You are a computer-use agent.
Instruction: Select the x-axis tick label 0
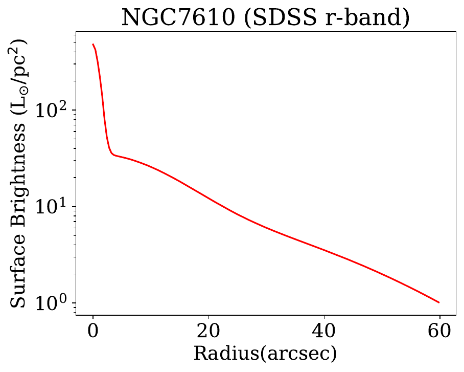92,331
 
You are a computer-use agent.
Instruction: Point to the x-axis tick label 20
208,331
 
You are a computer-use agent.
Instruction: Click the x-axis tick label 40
323,331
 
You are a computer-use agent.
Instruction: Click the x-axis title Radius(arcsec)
265,354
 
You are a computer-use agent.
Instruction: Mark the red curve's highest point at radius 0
93,44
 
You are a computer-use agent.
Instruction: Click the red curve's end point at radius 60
439,302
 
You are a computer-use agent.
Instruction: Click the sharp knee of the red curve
112,154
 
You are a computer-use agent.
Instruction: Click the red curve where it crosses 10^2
102,110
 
